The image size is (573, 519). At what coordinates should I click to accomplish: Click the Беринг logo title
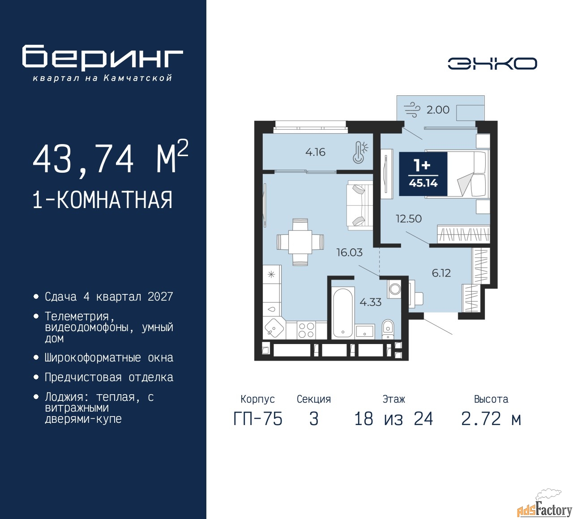103,57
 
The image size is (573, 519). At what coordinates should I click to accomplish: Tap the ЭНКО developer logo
492,64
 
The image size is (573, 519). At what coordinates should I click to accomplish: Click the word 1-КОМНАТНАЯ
103,200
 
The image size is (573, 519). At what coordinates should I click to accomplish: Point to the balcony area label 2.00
438,110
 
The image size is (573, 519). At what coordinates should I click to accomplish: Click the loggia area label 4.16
315,152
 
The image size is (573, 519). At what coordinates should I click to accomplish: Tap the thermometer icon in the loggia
360,153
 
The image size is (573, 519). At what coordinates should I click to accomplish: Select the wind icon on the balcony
412,110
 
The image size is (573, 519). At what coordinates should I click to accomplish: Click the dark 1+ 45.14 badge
423,174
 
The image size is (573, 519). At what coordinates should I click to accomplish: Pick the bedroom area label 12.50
408,219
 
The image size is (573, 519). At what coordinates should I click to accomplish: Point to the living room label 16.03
349,252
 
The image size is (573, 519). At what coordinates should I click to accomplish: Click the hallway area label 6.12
441,273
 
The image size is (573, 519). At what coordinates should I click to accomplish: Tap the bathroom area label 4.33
371,302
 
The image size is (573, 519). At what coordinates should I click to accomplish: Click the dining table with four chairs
300,242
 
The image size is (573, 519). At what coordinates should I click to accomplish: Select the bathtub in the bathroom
343,313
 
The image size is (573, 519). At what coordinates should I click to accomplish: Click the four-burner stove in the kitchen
306,330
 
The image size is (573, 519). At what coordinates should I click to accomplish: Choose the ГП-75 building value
258,419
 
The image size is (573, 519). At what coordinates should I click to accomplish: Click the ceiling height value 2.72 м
491,419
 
